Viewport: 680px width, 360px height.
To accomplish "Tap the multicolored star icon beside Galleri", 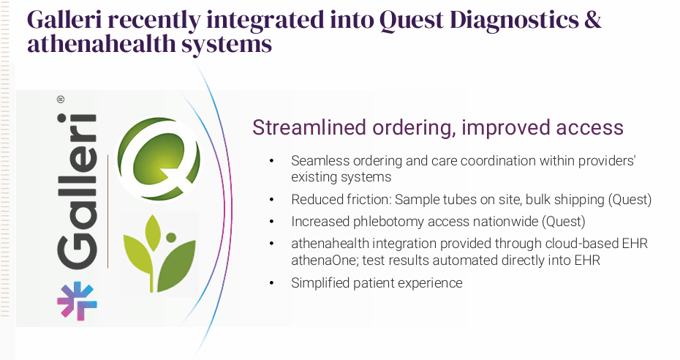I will pos(77,300).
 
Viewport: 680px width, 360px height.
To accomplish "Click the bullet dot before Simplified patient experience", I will pos(271,282).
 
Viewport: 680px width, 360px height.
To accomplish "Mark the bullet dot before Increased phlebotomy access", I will pos(271,220).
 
